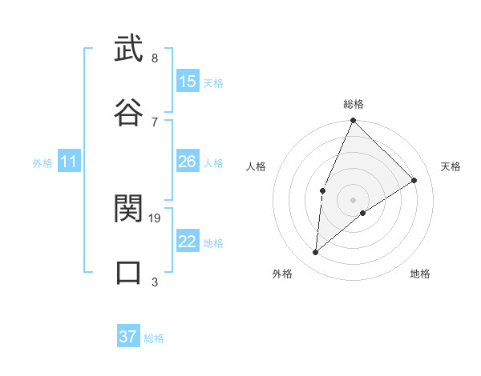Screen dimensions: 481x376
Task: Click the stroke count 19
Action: pos(156,218)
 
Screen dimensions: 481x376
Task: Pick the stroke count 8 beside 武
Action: pos(154,58)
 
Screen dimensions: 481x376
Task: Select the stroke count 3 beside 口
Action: pos(154,282)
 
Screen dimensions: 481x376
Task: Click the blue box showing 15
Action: pos(187,82)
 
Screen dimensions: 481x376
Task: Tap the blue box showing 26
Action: pos(187,162)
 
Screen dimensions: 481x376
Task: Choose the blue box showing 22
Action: pos(187,242)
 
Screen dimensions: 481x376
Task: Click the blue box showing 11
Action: pos(68,162)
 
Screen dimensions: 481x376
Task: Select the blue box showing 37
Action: pos(127,337)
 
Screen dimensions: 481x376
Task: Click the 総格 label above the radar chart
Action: pos(354,104)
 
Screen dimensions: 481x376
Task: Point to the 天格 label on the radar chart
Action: pos(451,166)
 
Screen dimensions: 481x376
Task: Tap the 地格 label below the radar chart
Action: pos(420,274)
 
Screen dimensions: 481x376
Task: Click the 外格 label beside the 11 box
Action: pos(42,163)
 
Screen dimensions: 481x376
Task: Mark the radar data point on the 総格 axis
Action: pos(353,121)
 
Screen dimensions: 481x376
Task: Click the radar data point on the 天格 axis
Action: pos(414,180)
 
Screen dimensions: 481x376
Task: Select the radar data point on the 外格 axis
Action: pos(316,253)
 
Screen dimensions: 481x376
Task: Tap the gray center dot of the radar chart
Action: pos(353,199)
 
